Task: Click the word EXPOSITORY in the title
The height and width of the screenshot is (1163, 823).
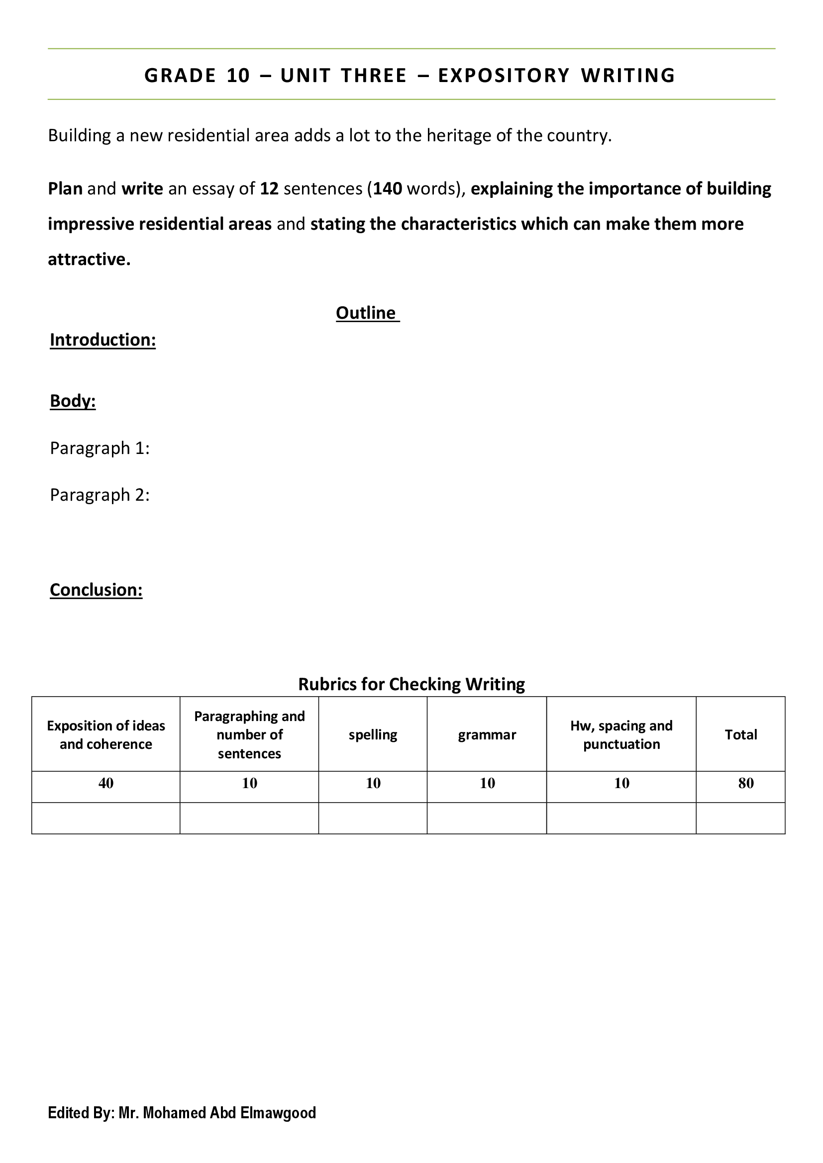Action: coord(504,76)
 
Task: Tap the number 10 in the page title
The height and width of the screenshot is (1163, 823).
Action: coord(238,76)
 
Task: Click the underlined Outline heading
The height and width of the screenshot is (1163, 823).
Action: coord(365,313)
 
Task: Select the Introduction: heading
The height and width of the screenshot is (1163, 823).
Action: coord(103,340)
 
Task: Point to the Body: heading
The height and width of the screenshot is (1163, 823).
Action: coord(73,401)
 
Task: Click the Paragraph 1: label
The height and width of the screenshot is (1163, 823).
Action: coord(100,448)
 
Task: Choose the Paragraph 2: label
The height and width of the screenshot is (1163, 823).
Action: coord(100,495)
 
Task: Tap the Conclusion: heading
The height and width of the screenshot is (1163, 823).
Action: coord(96,590)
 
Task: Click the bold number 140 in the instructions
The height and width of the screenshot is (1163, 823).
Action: coord(388,189)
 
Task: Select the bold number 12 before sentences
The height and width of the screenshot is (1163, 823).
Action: coord(269,189)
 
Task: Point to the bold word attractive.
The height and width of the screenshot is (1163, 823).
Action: coord(89,260)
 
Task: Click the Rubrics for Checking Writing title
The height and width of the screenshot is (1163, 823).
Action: coord(411,684)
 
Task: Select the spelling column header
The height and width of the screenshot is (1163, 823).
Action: coord(373,735)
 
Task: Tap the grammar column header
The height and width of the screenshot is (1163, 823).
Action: coord(487,735)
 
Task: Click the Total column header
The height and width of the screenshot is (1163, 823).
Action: coord(741,735)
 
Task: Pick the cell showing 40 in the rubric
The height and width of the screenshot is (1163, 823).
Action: coord(106,784)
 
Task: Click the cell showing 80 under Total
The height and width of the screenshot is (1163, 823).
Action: coord(746,784)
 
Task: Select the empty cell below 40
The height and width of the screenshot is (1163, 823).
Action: coord(106,818)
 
